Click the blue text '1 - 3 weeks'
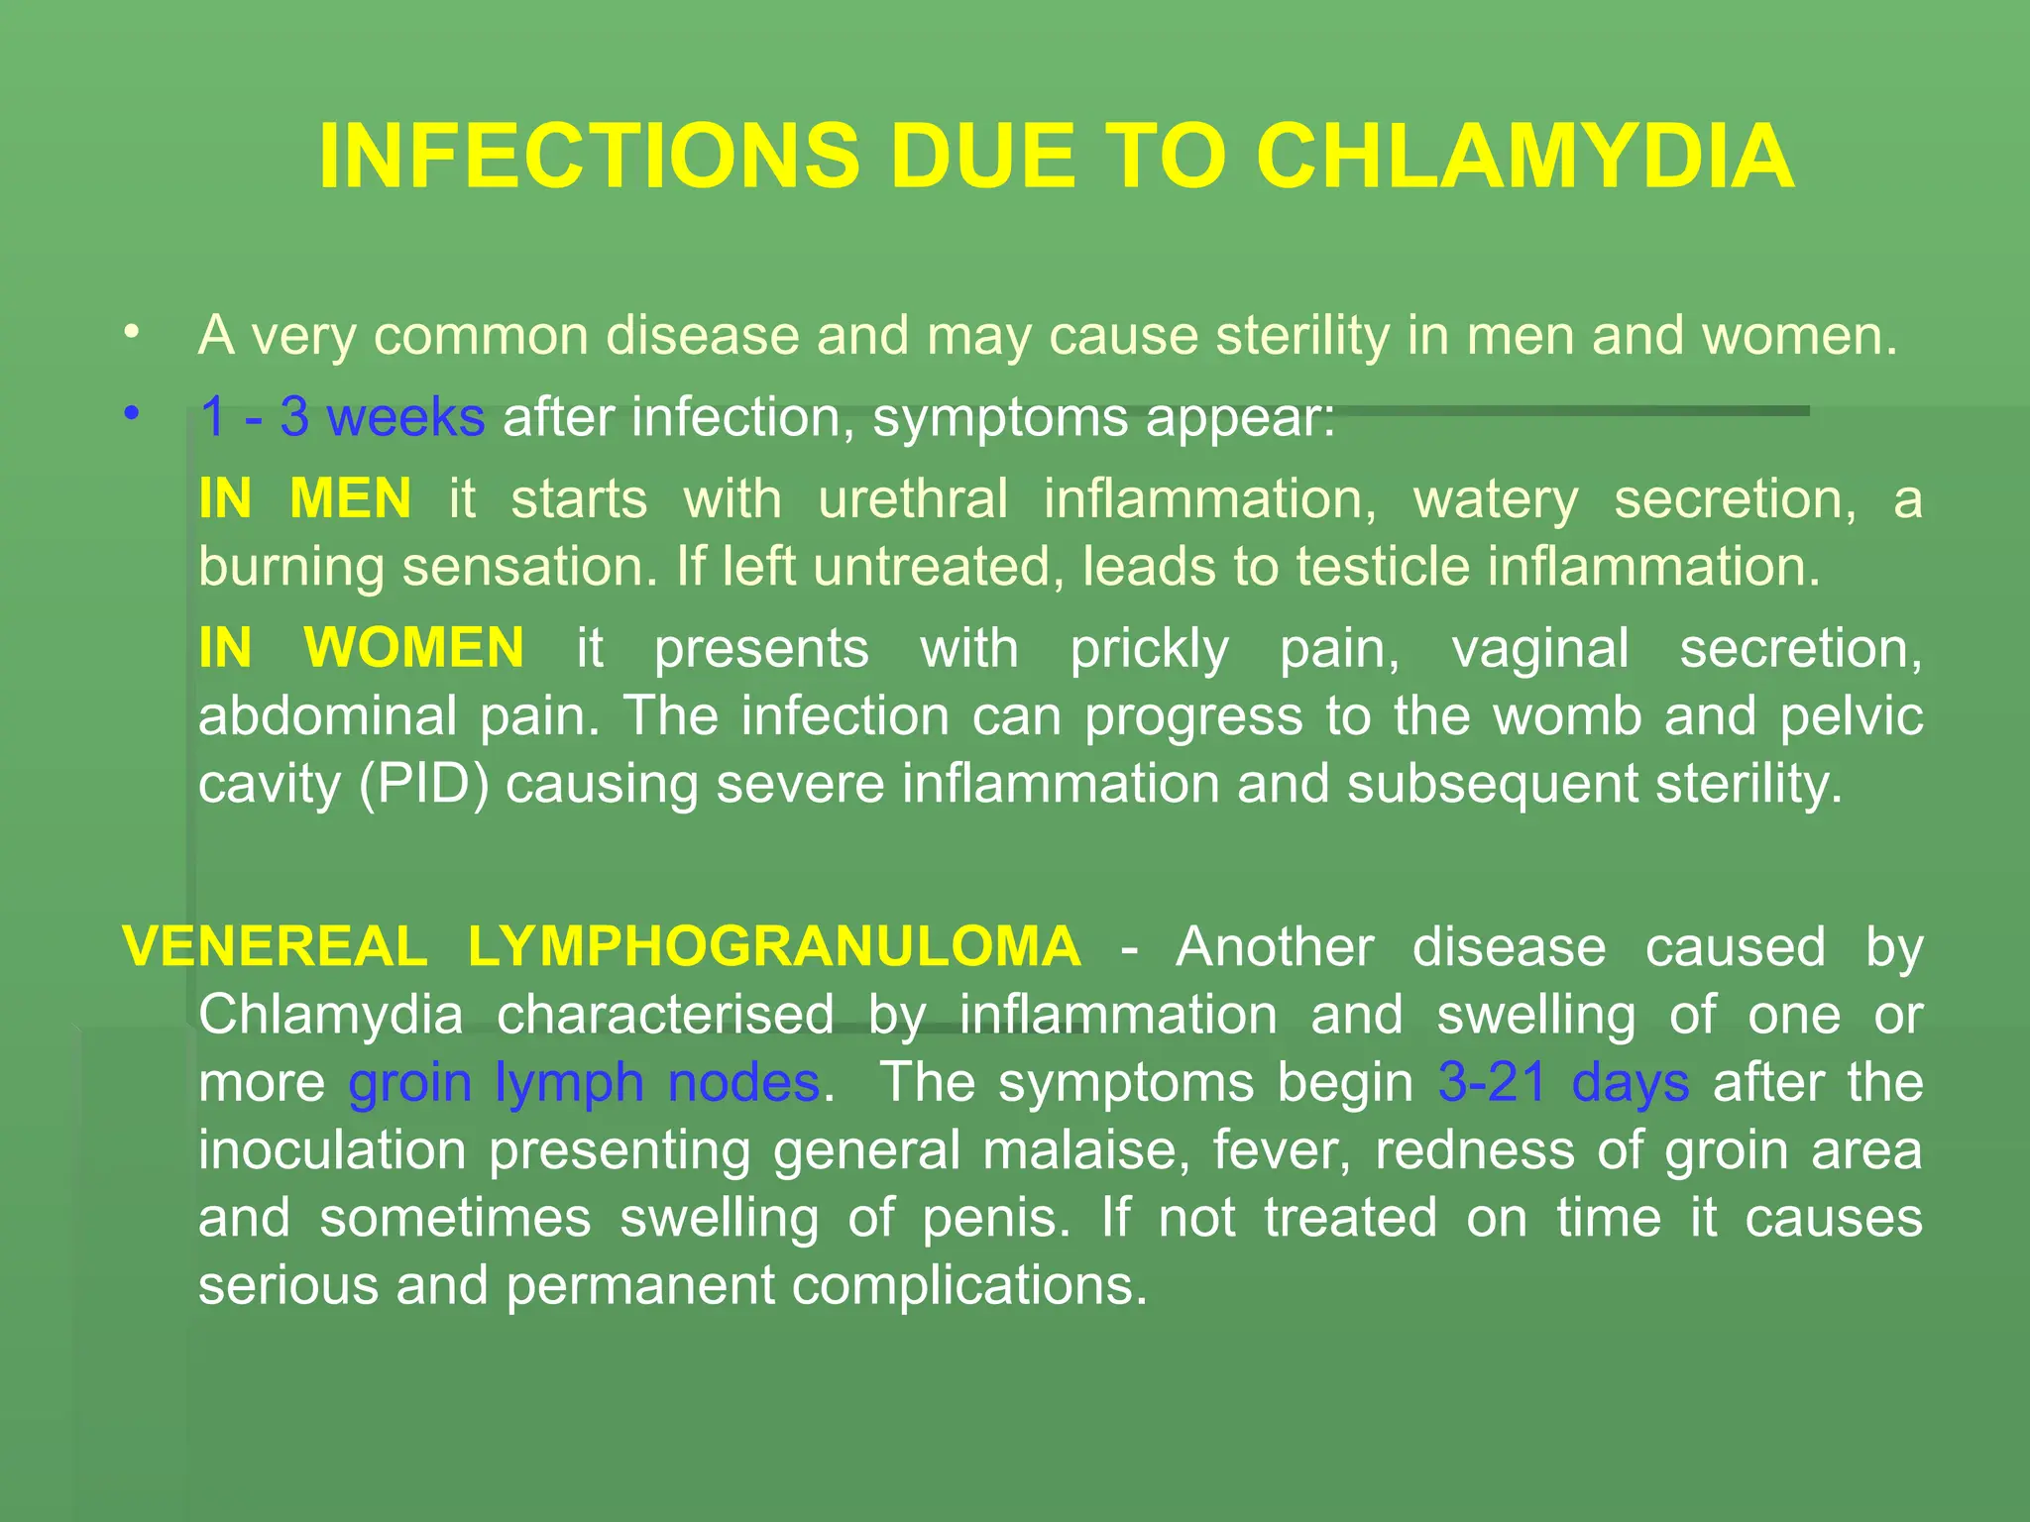(x=342, y=417)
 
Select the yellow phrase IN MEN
(x=304, y=497)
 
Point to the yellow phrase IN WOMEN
(x=361, y=648)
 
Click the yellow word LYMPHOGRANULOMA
(x=774, y=946)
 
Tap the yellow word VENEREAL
(x=275, y=946)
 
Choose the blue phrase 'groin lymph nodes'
(x=584, y=1082)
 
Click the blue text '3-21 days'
(x=1563, y=1082)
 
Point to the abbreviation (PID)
(x=424, y=784)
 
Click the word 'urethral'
(x=913, y=497)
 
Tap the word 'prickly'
(x=1149, y=650)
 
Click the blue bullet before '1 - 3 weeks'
(x=132, y=413)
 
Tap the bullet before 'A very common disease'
(x=132, y=332)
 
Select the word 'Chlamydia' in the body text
(x=330, y=1016)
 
